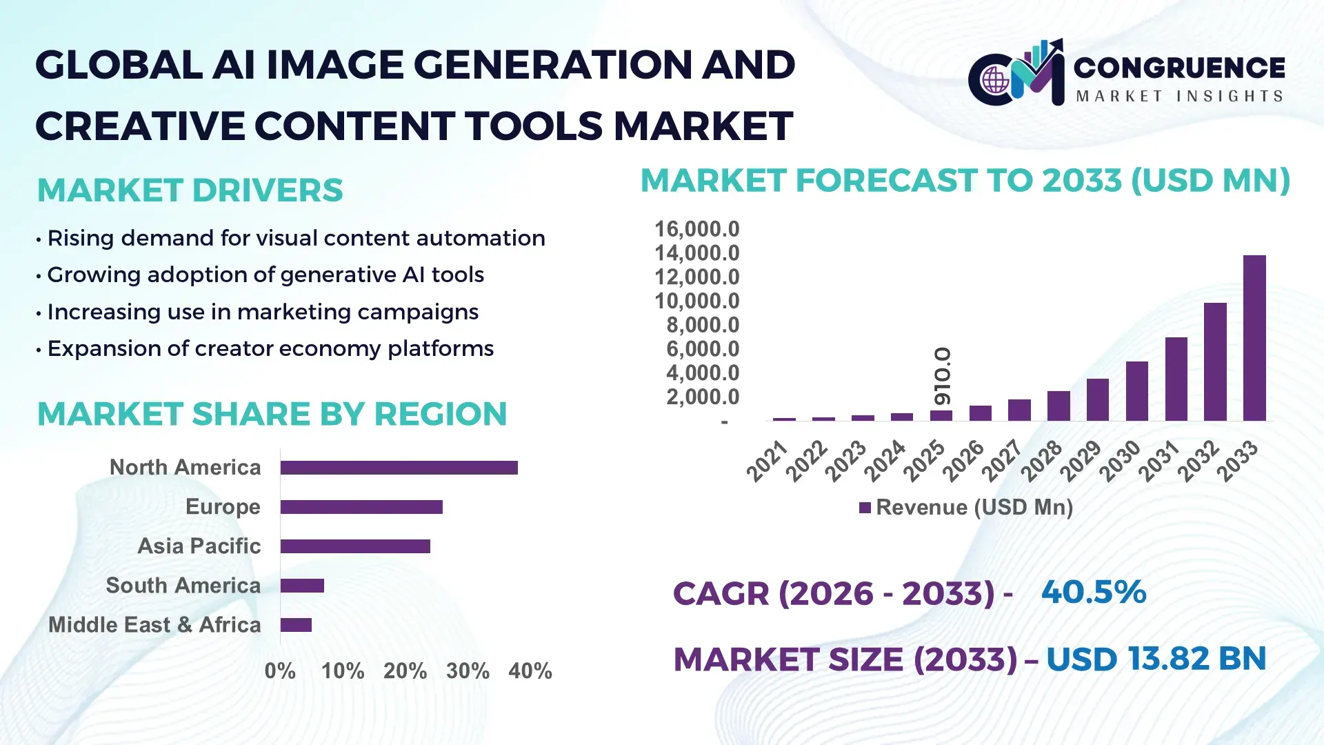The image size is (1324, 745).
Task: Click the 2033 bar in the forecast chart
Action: coord(1254,338)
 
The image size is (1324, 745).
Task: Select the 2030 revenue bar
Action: coord(1136,391)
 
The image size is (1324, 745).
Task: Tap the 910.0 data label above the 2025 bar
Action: coord(942,376)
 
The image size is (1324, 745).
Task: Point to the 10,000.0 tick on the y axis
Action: coord(696,301)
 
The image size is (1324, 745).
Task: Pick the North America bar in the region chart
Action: coord(399,468)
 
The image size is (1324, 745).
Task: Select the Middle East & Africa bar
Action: coord(296,625)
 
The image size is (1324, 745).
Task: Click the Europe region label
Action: coord(223,507)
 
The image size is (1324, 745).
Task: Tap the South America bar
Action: coord(302,586)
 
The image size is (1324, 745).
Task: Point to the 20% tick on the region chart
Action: coord(405,671)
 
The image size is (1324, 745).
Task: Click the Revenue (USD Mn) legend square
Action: coord(865,508)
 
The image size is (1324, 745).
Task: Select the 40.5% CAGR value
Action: coord(1093,593)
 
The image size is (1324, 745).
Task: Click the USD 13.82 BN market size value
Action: coord(1156,659)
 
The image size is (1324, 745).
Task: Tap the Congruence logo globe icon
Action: coord(995,81)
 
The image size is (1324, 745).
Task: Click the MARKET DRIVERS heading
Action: coord(190,190)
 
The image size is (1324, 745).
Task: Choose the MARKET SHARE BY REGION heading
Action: coord(272,415)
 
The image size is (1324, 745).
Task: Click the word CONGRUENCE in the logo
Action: coord(1179,68)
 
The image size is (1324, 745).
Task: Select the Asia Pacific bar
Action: coord(355,546)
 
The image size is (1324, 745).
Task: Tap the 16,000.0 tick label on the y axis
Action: coord(696,229)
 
